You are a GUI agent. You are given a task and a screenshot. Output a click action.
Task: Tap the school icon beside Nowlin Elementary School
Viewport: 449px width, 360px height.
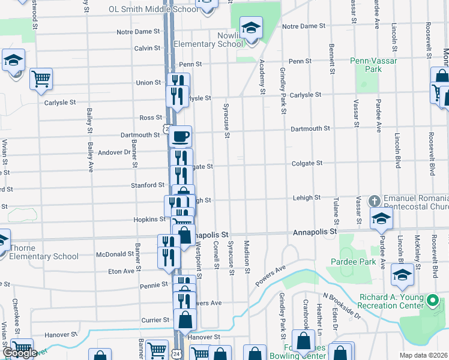point(252,28)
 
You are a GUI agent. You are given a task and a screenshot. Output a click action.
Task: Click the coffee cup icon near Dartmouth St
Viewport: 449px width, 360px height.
point(180,136)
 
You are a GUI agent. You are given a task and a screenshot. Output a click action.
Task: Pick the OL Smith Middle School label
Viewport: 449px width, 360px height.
point(152,9)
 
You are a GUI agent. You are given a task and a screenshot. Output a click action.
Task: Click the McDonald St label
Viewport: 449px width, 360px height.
point(115,254)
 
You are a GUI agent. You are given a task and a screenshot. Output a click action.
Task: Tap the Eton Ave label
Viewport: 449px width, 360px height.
point(121,271)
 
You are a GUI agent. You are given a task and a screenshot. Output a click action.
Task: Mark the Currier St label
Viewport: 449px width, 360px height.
point(155,320)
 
